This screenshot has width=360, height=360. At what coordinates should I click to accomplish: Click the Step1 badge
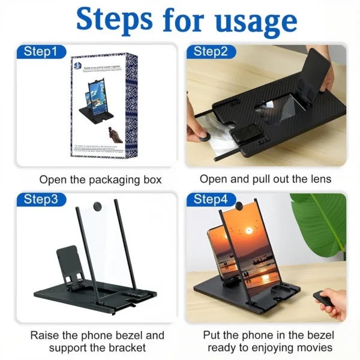41,52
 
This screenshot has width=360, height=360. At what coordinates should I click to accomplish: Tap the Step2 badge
211,52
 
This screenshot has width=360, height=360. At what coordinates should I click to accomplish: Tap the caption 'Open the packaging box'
100,179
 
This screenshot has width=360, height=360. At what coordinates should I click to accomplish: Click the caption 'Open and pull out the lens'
265,179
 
